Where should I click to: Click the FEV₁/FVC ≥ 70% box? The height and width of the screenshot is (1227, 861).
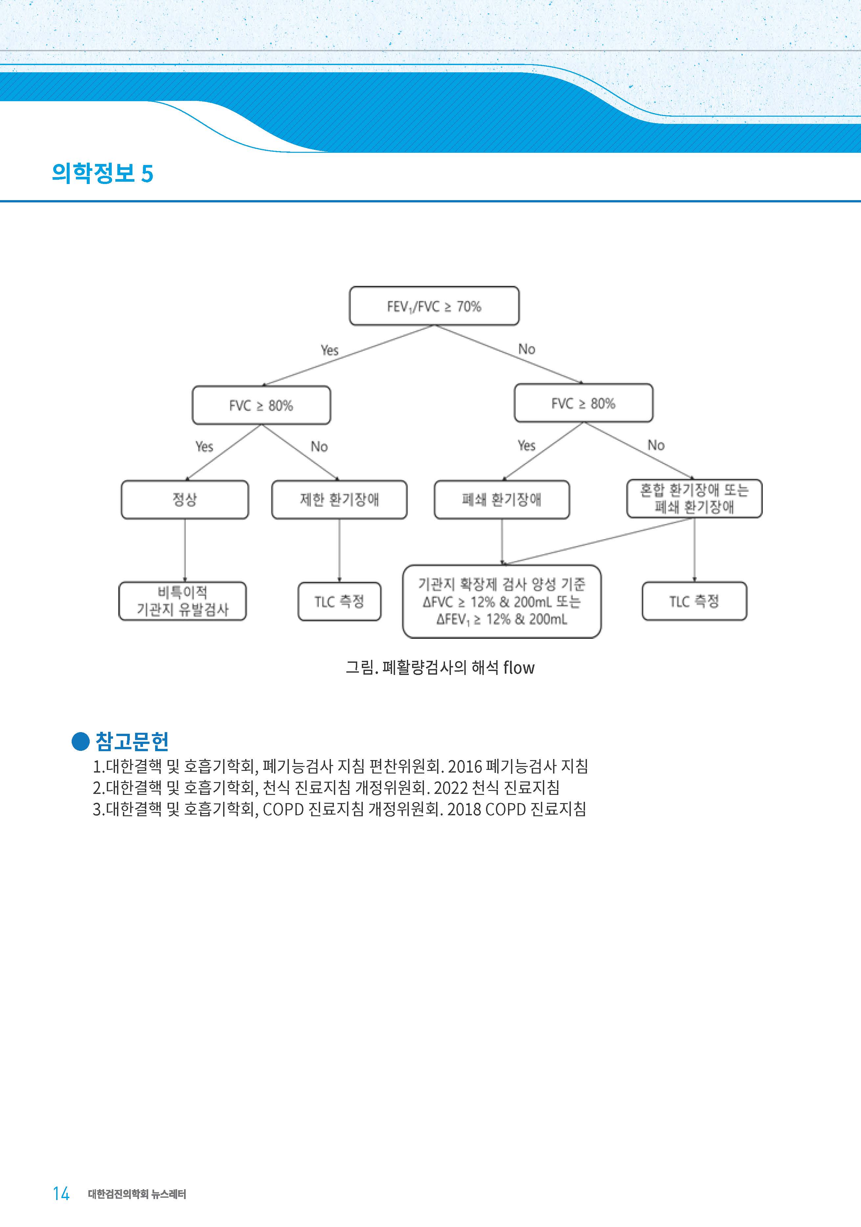[x=434, y=306]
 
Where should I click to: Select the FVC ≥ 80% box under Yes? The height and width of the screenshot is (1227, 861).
[x=261, y=405]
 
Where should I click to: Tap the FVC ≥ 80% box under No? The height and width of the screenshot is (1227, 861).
[x=584, y=403]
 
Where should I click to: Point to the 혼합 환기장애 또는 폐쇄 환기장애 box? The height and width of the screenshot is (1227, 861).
[x=694, y=498]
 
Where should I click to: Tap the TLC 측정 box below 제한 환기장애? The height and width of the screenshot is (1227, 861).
[x=339, y=602]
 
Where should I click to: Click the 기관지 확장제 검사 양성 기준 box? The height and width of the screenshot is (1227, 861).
[x=502, y=602]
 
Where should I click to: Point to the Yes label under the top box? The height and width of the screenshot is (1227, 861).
[x=330, y=350]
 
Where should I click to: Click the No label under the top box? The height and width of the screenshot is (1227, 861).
[x=526, y=349]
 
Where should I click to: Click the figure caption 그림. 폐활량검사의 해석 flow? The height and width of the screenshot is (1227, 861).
[x=440, y=667]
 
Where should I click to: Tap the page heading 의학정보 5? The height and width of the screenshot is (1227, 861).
[x=103, y=173]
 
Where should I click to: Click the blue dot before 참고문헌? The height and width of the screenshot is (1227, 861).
[x=80, y=741]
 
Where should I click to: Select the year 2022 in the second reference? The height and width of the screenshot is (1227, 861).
[x=451, y=788]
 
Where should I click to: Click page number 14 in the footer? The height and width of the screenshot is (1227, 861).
[x=61, y=1194]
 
